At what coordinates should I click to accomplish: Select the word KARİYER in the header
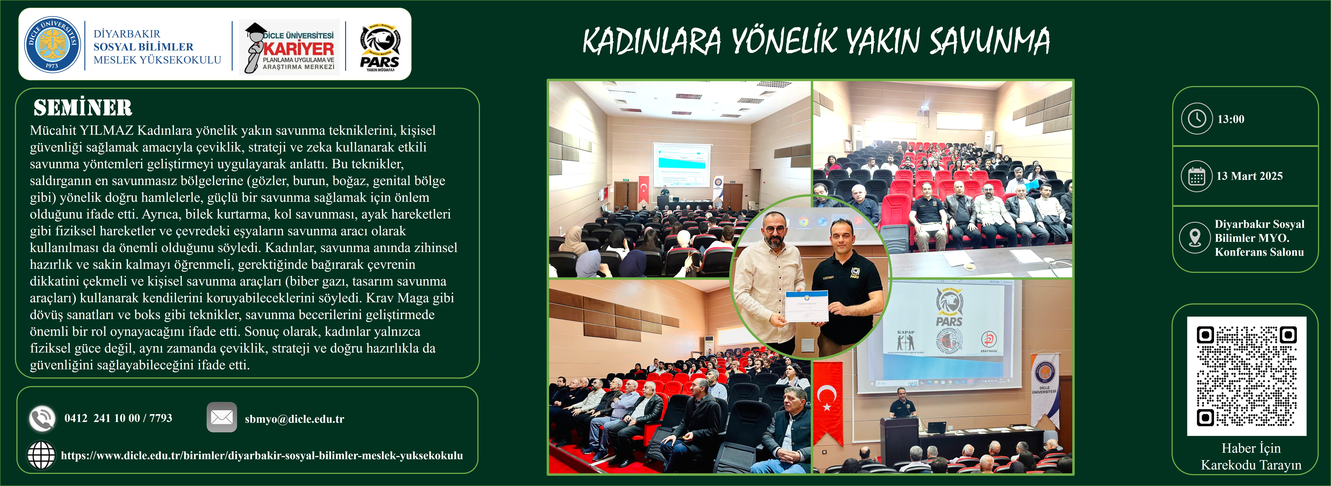(299, 49)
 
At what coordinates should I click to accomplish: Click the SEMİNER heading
(83, 108)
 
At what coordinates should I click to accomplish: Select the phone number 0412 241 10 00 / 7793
(118, 418)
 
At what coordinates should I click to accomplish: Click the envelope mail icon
(222, 417)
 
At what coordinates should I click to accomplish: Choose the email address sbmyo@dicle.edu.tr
(294, 419)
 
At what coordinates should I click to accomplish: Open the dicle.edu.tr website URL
(262, 455)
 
